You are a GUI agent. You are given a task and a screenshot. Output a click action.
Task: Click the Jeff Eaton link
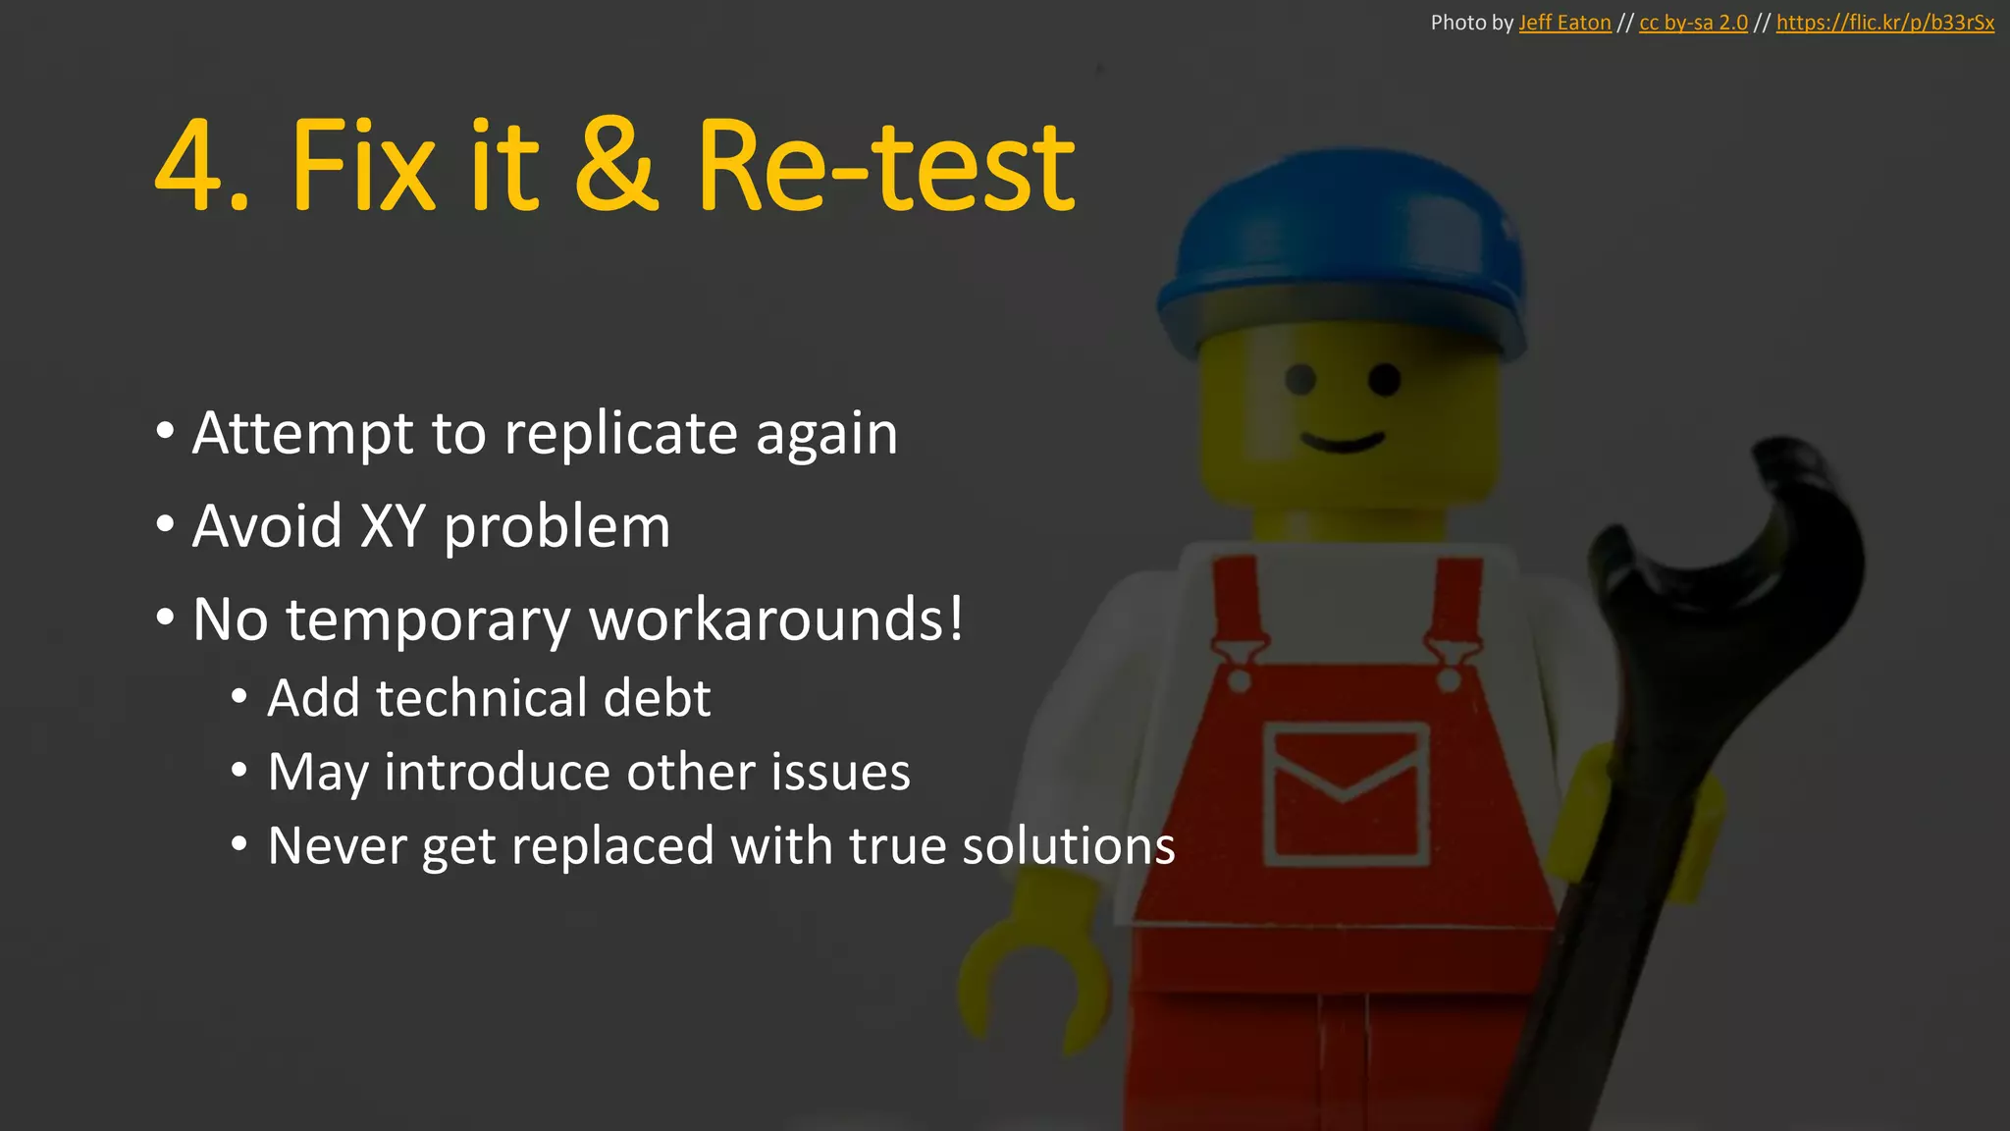(1564, 23)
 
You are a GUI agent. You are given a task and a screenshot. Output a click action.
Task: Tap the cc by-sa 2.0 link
(1693, 23)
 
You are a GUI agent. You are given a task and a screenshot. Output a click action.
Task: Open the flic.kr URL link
(1884, 23)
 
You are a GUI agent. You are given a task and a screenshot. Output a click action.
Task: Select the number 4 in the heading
(192, 167)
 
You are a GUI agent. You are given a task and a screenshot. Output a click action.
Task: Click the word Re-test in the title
(885, 167)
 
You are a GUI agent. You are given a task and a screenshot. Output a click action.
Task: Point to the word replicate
(620, 433)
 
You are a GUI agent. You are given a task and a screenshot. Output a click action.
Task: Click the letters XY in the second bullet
(393, 526)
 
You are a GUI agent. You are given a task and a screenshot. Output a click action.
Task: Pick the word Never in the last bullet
(336, 845)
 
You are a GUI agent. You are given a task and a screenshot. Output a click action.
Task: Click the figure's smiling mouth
(1343, 441)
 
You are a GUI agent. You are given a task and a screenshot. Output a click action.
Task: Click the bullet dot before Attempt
(165, 431)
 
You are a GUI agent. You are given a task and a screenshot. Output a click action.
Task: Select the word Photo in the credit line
(1458, 23)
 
